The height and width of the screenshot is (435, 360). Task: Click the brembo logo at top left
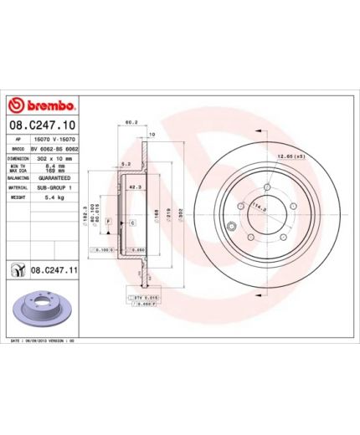point(44,105)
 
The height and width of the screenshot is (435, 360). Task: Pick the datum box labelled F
point(109,220)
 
